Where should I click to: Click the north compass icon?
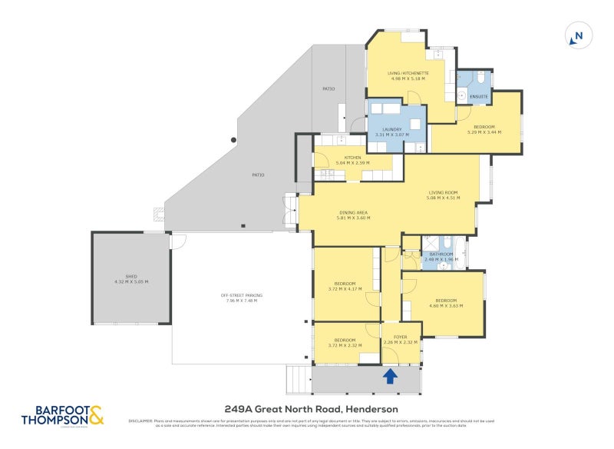[579, 35]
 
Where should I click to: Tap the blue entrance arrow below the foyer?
[390, 376]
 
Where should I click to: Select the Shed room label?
[130, 279]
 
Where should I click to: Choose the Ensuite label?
[479, 96]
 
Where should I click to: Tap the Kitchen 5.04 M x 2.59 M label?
[352, 160]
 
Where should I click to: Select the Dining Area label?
[353, 215]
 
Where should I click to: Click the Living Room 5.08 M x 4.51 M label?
[442, 195]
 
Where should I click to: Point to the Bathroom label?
[441, 256]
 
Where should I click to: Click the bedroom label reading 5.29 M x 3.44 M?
[484, 129]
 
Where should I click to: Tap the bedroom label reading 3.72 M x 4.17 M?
[345, 286]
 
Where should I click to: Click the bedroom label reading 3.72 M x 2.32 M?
[345, 342]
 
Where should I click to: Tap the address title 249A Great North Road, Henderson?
[311, 410]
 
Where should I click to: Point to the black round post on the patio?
[234, 140]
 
